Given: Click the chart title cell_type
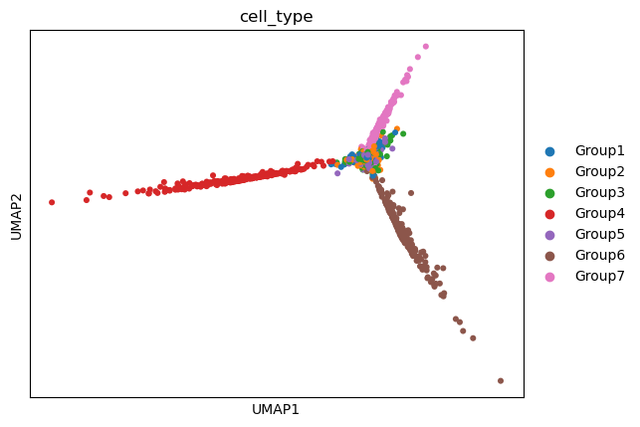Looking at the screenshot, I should coord(277,17).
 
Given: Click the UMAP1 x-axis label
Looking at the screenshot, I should coord(277,409).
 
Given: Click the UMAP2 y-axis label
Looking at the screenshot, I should coord(16,213).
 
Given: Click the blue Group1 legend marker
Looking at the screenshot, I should coord(549,151).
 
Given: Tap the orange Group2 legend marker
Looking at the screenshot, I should coord(549,172).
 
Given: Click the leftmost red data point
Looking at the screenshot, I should coord(52,202).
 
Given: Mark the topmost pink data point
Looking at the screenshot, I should coord(425,46).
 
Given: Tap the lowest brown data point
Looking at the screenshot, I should coord(500,380).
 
